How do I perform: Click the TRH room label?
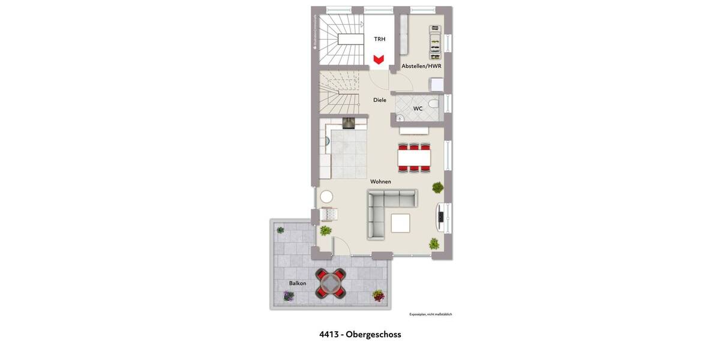(380, 39)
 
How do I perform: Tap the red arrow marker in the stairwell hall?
(379, 59)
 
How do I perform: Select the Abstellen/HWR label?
(421, 66)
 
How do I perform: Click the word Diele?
(380, 100)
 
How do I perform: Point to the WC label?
(418, 109)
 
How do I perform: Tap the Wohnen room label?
(380, 181)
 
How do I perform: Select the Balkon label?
(298, 283)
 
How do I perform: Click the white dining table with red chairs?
(414, 157)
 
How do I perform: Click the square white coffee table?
(401, 223)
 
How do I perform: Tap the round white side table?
(326, 196)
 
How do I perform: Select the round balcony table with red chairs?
(331, 283)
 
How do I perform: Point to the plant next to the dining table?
(438, 187)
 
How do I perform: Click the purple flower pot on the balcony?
(289, 296)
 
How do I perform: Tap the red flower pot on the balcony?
(378, 295)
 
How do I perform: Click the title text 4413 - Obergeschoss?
(360, 335)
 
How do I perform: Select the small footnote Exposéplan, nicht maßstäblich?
(430, 314)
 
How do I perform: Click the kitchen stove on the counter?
(349, 124)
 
